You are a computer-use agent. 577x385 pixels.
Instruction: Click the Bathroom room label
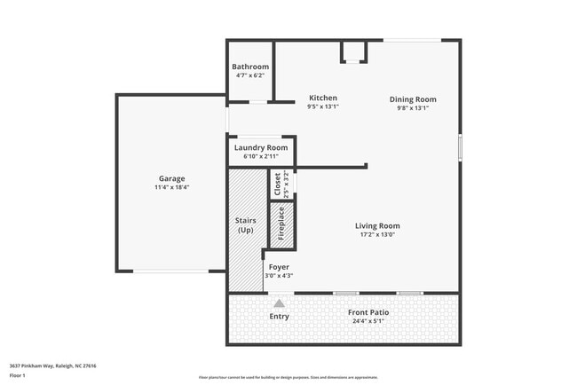pos(250,67)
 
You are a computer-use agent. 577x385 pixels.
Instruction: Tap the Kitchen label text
pos(322,98)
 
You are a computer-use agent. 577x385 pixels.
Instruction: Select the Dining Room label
pos(413,99)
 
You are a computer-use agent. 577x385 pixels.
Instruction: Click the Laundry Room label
pos(261,147)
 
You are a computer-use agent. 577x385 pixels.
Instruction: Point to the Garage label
pos(171,178)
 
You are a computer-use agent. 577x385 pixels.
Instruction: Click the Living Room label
pos(377,225)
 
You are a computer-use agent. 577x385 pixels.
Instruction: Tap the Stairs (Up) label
pos(246,224)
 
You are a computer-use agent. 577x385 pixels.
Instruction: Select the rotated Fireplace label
pos(281,225)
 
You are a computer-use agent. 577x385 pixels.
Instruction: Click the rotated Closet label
pos(278,184)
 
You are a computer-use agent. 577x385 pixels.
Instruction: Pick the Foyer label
pos(279,266)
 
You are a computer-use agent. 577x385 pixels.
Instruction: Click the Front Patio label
pos(368,312)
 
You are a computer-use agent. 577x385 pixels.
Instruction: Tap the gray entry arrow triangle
pos(279,302)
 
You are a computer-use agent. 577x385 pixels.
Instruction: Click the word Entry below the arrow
pos(279,317)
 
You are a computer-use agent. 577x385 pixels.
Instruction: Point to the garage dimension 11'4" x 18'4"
pos(171,187)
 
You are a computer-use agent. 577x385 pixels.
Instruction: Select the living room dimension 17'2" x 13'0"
pos(377,234)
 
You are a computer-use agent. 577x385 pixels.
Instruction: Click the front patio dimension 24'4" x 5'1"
pos(368,321)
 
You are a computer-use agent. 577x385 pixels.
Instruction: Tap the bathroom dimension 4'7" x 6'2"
pos(250,75)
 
